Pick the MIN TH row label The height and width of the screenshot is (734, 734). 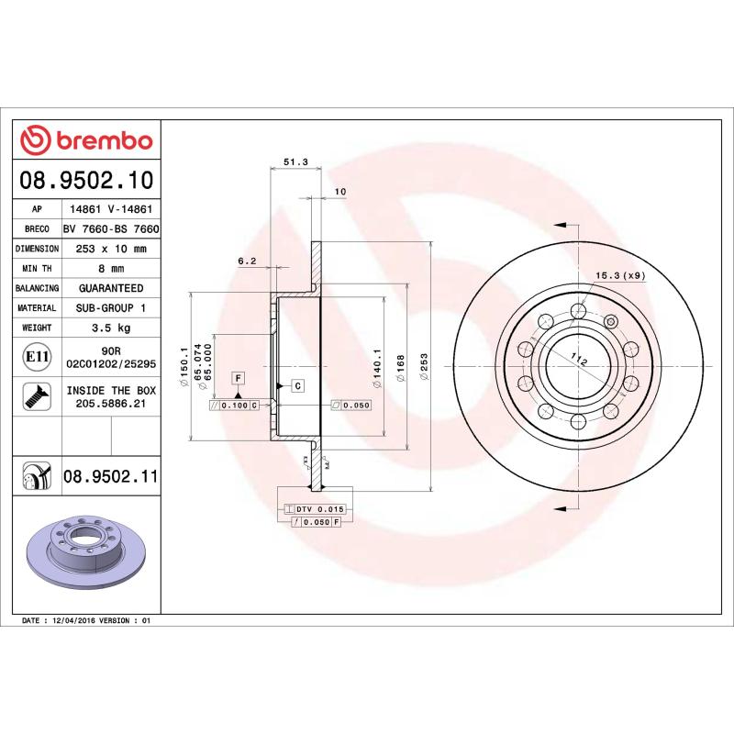click(x=38, y=269)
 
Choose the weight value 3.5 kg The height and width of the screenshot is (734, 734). click(x=110, y=328)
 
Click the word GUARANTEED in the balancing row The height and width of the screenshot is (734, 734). click(x=110, y=288)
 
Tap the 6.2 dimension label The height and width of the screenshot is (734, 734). click(x=247, y=261)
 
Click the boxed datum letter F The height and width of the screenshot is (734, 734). click(x=237, y=377)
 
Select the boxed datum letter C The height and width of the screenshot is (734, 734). click(x=298, y=385)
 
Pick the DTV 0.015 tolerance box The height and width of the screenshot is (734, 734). click(x=314, y=508)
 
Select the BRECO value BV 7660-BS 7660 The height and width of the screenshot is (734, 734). click(x=110, y=228)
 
